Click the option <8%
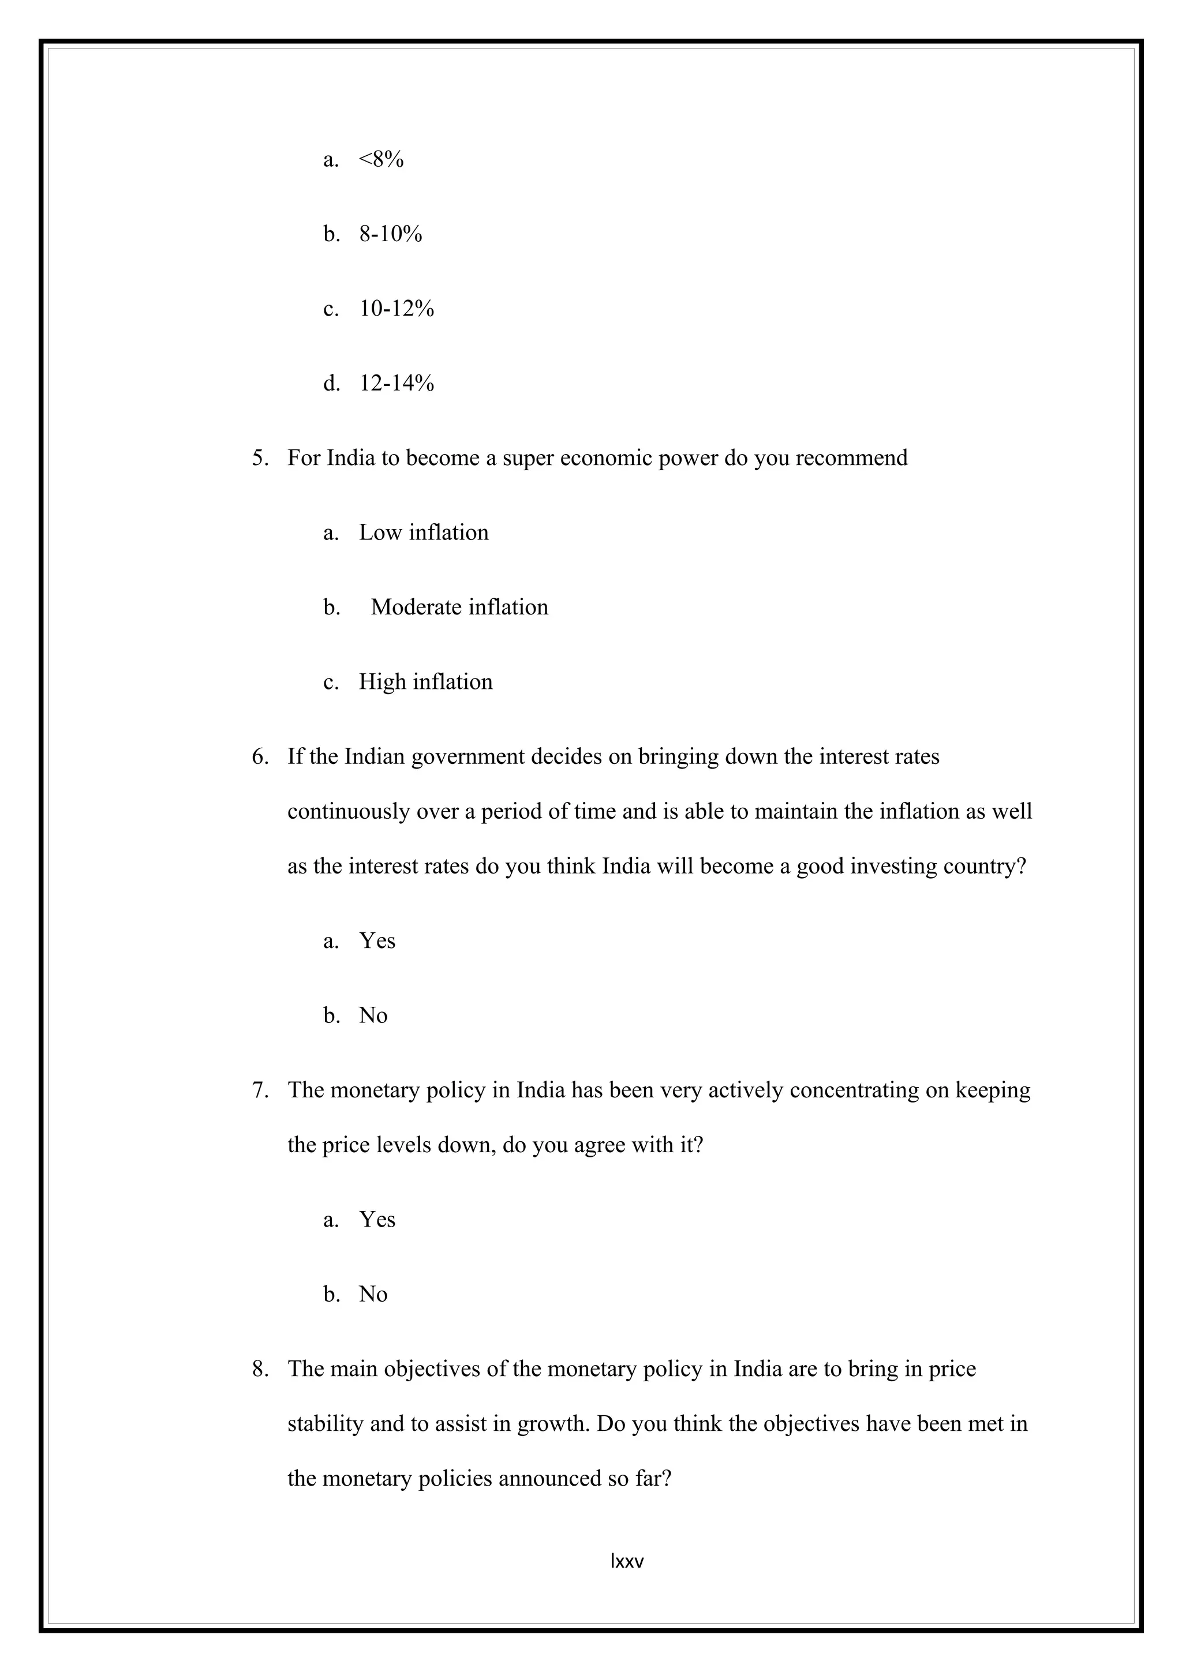(x=381, y=159)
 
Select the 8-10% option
(x=390, y=234)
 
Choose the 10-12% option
(x=396, y=309)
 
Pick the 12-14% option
(x=396, y=383)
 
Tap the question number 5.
(x=260, y=458)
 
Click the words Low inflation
(x=423, y=533)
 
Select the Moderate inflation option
(x=459, y=608)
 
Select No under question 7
(x=373, y=1294)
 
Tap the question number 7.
(x=260, y=1090)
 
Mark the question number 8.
(x=260, y=1369)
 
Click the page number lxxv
(x=627, y=1561)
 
